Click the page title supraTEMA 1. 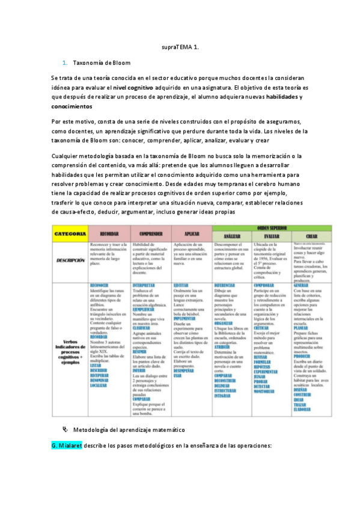(x=180, y=46)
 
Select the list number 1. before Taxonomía (x=65, y=63)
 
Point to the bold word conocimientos (x=72, y=106)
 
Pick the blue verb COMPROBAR (x=264, y=285)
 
